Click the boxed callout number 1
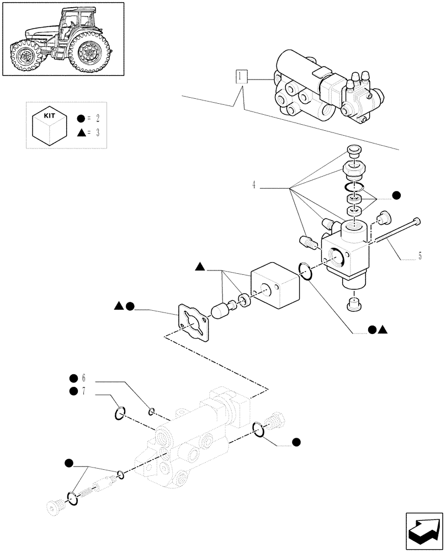tap(241, 77)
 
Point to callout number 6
tap(84, 378)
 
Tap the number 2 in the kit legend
tap(97, 119)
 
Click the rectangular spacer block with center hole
tap(274, 286)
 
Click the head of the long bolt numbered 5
tap(417, 222)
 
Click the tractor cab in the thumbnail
tap(75, 22)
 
